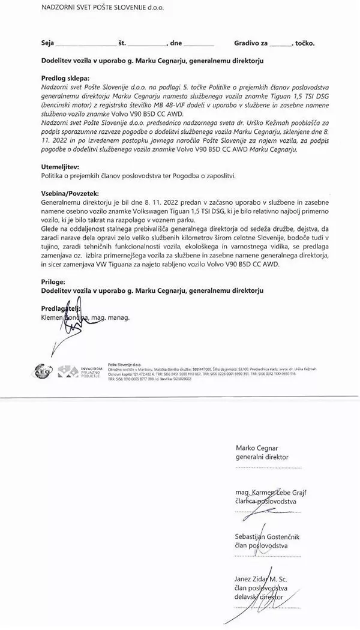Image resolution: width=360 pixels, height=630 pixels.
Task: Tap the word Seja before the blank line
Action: [x=47, y=44]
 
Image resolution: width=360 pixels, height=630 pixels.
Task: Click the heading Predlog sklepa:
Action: [x=65, y=79]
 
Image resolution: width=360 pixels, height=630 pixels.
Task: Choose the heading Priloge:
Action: [x=56, y=281]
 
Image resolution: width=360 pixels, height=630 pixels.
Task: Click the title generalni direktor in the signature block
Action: [x=262, y=457]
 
